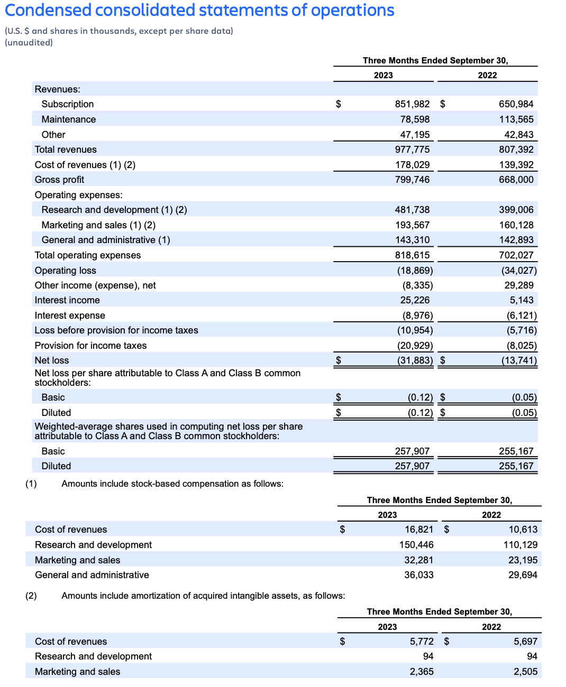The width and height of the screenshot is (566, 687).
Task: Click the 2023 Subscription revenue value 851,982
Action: click(x=412, y=104)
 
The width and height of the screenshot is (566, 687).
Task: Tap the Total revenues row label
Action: click(x=66, y=150)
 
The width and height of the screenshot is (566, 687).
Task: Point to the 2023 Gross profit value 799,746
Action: click(x=412, y=180)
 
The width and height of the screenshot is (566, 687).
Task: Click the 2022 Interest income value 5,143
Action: click(x=522, y=300)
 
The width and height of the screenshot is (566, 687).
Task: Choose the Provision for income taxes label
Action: click(x=90, y=346)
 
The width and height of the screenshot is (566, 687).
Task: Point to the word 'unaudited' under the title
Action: click(x=29, y=43)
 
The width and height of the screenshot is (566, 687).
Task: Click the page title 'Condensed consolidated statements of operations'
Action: click(x=199, y=11)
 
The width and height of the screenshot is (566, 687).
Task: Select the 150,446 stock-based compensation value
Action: click(x=416, y=545)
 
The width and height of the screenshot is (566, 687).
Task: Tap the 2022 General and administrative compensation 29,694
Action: click(x=523, y=575)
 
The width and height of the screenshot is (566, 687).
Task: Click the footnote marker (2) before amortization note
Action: click(x=31, y=596)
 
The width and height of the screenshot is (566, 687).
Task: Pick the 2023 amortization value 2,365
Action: click(x=422, y=672)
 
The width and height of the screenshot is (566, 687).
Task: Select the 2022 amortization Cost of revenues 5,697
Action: click(x=525, y=642)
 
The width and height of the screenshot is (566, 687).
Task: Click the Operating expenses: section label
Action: click(x=78, y=195)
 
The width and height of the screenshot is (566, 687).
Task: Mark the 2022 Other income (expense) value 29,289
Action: click(x=519, y=285)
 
